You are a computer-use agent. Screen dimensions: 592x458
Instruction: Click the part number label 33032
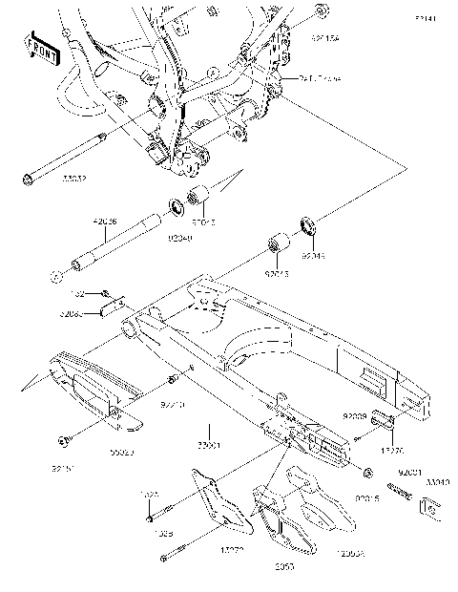(x=49, y=178)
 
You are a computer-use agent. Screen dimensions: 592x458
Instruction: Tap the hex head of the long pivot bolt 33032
(x=27, y=178)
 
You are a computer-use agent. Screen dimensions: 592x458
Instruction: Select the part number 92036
(x=105, y=222)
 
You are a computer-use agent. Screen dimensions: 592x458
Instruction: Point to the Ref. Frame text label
(x=320, y=79)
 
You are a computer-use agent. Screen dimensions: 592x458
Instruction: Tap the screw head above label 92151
(x=62, y=440)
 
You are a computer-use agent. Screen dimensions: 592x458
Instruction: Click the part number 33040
(x=437, y=483)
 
